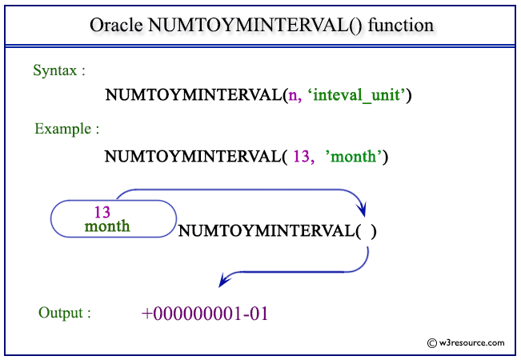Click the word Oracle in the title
point(116,25)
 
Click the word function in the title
point(401,25)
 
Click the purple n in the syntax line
point(294,95)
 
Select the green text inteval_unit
point(356,95)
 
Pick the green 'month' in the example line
point(353,157)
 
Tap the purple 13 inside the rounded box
point(102,212)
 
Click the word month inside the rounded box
point(107,226)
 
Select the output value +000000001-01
point(205,314)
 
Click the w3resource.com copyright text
point(471,342)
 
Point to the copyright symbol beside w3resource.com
point(432,343)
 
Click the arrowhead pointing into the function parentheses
point(363,210)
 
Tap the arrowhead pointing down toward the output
point(224,280)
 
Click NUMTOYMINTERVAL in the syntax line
point(194,95)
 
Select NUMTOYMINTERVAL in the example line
point(193,157)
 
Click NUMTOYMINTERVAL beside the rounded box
point(267,231)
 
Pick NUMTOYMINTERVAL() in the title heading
point(254,25)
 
